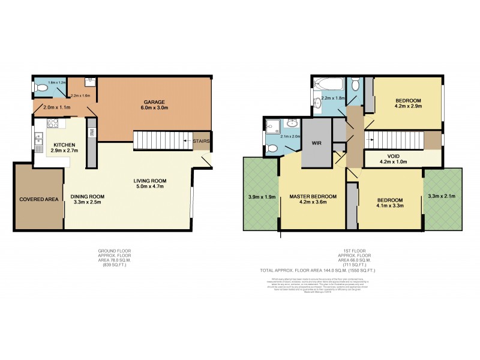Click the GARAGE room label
(154, 102)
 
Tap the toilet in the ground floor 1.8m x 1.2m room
(42, 88)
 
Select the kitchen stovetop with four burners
(51, 124)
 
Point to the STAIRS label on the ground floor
(202, 141)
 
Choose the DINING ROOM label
(88, 196)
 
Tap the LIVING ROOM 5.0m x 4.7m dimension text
(149, 187)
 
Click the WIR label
(316, 143)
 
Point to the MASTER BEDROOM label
(313, 196)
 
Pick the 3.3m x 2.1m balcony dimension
(443, 196)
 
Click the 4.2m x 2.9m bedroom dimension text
(409, 106)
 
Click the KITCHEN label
(64, 145)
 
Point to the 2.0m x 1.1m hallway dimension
(56, 107)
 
